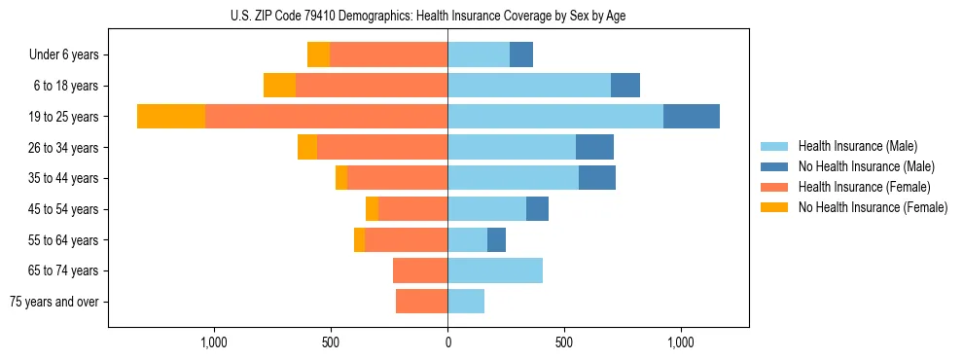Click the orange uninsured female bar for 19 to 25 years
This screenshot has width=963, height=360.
coord(171,117)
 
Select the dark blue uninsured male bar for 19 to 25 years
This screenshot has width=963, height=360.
coord(692,117)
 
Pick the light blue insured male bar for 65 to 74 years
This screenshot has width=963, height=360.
coord(495,270)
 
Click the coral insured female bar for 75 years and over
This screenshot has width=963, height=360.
coord(422,302)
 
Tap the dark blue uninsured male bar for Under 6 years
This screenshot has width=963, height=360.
coord(521,54)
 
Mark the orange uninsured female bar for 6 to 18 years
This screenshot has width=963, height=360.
coord(279,86)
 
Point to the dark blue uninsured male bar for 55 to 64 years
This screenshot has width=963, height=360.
coord(496,239)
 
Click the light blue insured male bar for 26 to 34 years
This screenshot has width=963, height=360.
coord(512,147)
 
